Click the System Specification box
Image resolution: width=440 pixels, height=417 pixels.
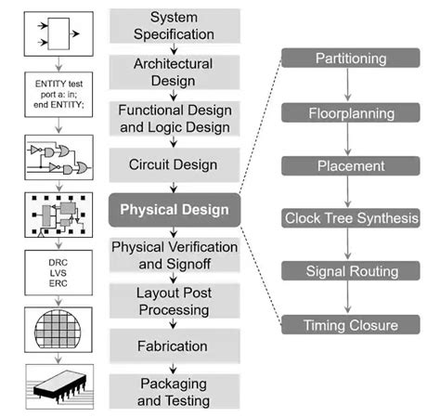pos(175,26)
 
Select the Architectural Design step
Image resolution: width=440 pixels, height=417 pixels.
pos(175,72)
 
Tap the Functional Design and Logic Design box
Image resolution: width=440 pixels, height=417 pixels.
pos(175,118)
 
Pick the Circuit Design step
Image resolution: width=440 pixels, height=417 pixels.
pos(175,164)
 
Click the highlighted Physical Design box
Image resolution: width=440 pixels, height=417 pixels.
pos(175,209)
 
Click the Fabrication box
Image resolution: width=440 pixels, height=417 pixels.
pos(175,345)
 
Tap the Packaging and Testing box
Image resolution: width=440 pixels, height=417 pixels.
pos(175,392)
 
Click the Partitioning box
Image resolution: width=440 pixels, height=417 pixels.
pos(351,59)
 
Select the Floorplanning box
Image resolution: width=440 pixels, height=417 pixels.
pos(351,112)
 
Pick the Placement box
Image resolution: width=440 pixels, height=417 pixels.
pos(351,165)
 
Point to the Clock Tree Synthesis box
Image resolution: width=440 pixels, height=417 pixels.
pos(351,219)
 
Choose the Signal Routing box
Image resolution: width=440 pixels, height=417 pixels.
pos(351,271)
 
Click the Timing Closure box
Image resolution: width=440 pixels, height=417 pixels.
pos(351,325)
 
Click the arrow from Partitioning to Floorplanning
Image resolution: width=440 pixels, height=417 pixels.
pos(351,85)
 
